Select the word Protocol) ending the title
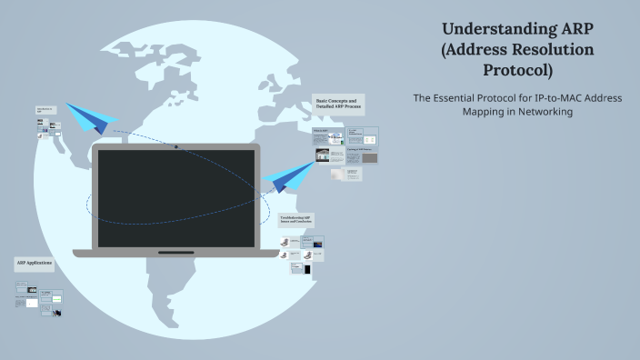click(x=518, y=70)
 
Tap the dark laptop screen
click(x=175, y=198)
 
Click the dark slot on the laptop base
click(x=175, y=253)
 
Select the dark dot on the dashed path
click(x=176, y=146)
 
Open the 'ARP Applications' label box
click(x=34, y=264)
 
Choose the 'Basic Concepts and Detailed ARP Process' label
click(x=338, y=104)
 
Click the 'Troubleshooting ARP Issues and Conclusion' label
click(x=297, y=220)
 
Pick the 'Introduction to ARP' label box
click(x=45, y=110)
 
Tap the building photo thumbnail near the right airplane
click(x=323, y=155)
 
